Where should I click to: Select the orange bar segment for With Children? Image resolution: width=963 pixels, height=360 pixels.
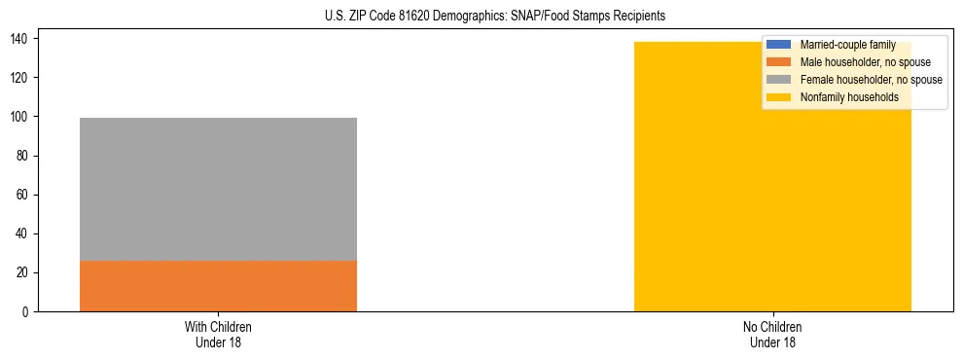click(218, 286)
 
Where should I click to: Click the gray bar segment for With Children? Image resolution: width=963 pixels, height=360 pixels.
click(218, 189)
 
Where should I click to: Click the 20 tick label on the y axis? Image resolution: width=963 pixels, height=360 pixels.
click(25, 273)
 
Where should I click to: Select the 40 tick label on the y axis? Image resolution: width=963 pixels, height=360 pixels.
click(25, 234)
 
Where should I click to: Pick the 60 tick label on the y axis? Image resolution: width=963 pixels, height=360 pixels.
click(25, 195)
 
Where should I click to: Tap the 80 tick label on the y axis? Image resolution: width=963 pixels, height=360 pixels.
click(25, 156)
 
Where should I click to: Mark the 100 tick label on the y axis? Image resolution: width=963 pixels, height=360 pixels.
click(22, 117)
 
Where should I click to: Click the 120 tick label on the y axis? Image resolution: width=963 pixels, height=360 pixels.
click(22, 78)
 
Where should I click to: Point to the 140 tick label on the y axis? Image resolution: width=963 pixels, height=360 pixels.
click(22, 39)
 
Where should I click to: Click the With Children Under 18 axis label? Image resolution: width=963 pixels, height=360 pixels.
click(218, 334)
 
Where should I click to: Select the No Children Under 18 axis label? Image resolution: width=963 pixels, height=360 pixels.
click(772, 334)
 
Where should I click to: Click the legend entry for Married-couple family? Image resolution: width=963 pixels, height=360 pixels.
click(847, 45)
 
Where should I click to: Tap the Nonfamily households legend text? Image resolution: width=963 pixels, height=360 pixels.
click(849, 97)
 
